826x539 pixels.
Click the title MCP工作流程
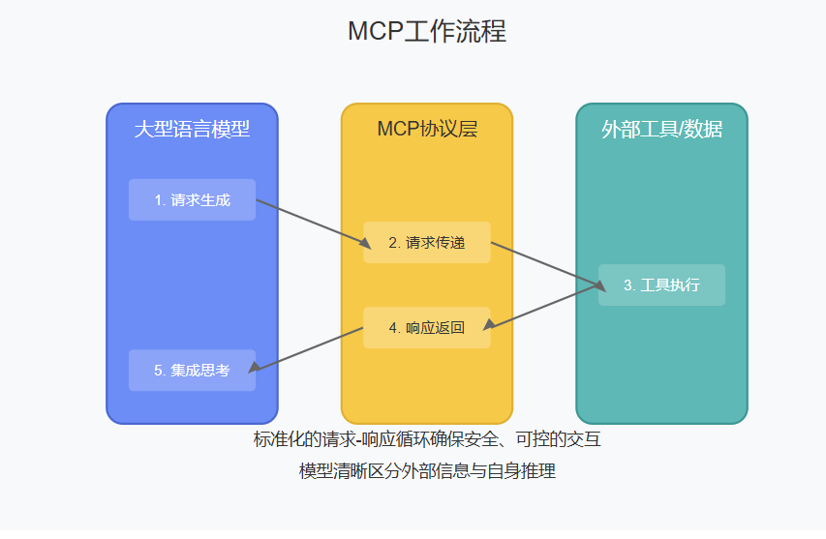(x=426, y=31)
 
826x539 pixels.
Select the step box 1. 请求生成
(x=192, y=199)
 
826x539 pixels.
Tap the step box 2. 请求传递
(x=427, y=242)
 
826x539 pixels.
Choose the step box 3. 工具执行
(x=661, y=284)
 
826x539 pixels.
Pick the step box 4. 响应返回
(x=427, y=327)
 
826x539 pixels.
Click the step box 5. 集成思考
(x=192, y=370)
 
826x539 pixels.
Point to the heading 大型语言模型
(x=192, y=129)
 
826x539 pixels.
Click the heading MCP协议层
(x=427, y=129)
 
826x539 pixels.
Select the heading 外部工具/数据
(x=661, y=129)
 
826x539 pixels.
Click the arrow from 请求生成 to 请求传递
(x=310, y=221)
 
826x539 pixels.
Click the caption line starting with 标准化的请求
(x=427, y=439)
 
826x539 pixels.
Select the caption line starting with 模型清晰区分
(x=427, y=471)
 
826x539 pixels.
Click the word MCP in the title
(x=373, y=31)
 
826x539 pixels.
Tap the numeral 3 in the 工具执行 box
(x=627, y=285)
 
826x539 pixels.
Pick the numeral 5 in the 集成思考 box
(x=159, y=371)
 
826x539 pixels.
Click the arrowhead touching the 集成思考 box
(x=254, y=367)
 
